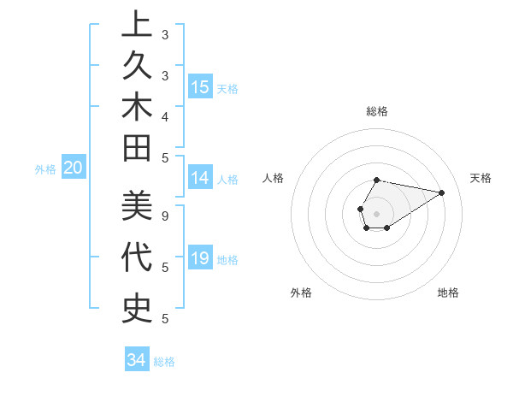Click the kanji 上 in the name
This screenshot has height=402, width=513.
click(x=137, y=25)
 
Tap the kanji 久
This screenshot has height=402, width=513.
click(x=137, y=65)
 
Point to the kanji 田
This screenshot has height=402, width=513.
click(x=137, y=148)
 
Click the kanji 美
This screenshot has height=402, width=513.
click(x=137, y=205)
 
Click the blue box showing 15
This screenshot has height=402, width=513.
click(x=200, y=87)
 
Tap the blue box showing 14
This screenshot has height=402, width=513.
click(x=200, y=178)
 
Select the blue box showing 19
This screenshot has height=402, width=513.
click(x=200, y=259)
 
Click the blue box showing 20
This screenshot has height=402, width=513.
click(x=74, y=168)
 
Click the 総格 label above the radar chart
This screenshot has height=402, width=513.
click(x=377, y=111)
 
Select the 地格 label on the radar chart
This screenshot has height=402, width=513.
click(x=448, y=293)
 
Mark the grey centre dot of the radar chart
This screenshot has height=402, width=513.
click(x=377, y=214)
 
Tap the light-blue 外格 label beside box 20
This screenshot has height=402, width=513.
click(x=45, y=169)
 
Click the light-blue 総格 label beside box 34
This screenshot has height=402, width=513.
click(x=165, y=362)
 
